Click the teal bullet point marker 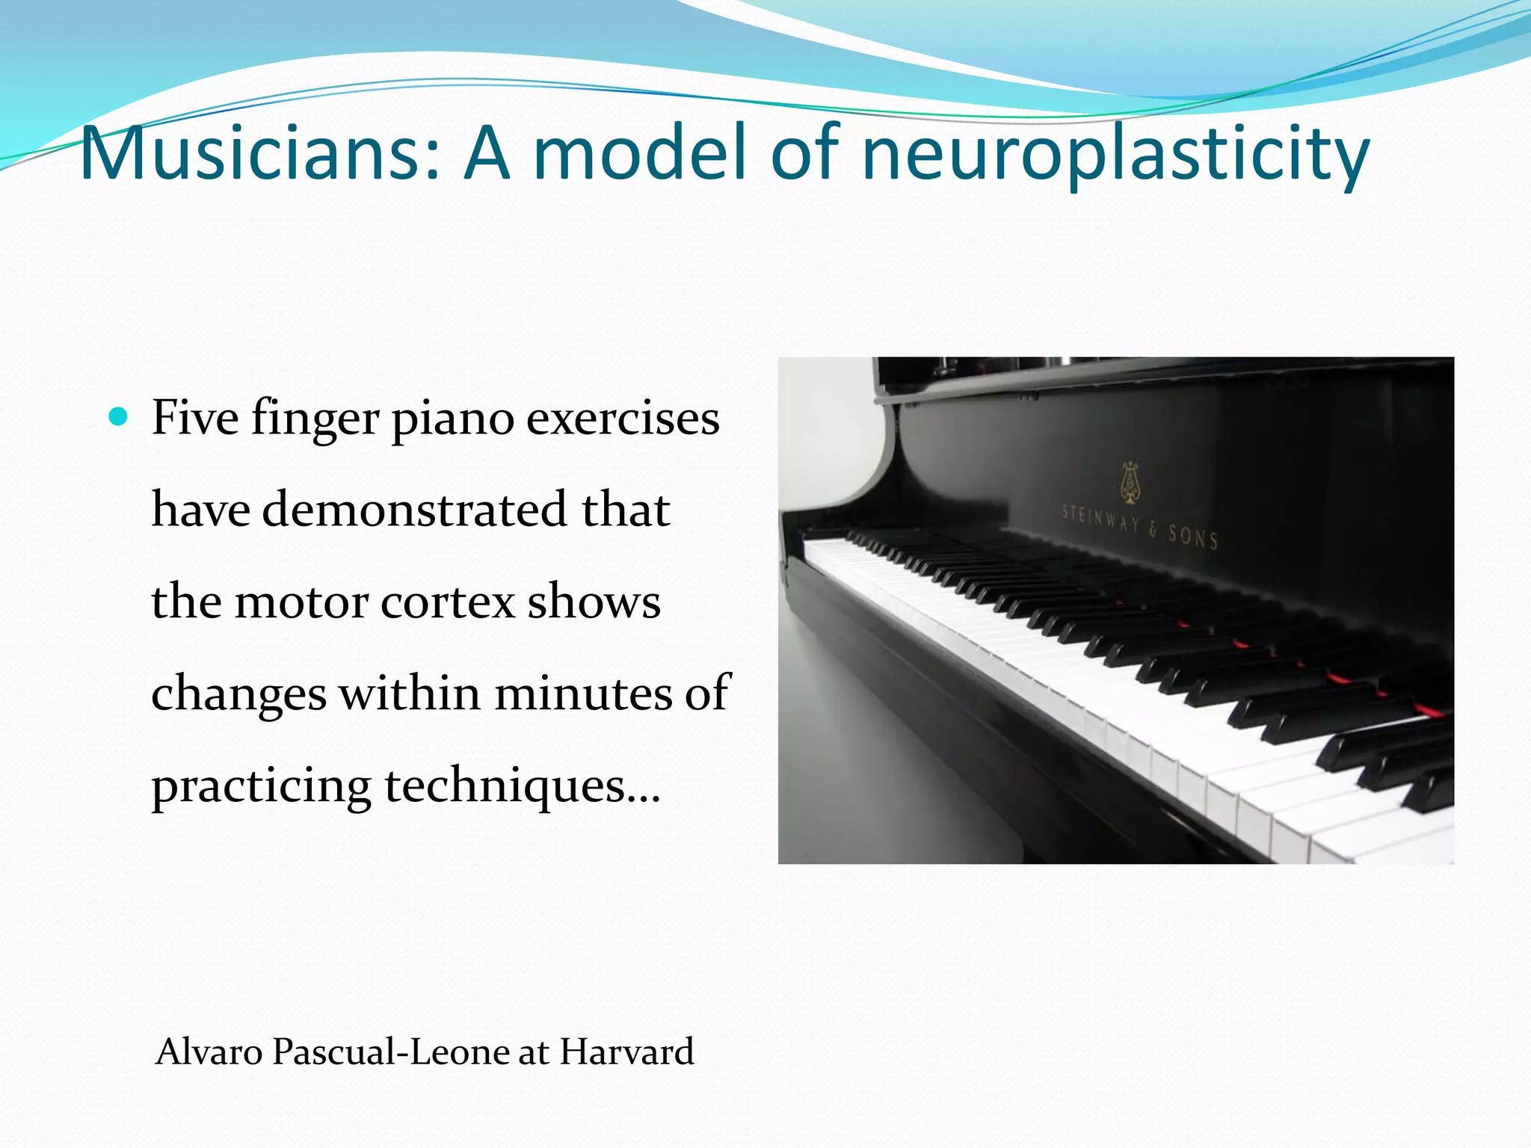tap(118, 416)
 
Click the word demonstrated tap(414, 510)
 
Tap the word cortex tap(447, 602)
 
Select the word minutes tap(584, 694)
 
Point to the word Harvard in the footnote tap(626, 1052)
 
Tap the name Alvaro tap(209, 1052)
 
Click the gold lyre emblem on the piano tap(1129, 483)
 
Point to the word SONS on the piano tap(1193, 536)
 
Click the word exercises tap(623, 419)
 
